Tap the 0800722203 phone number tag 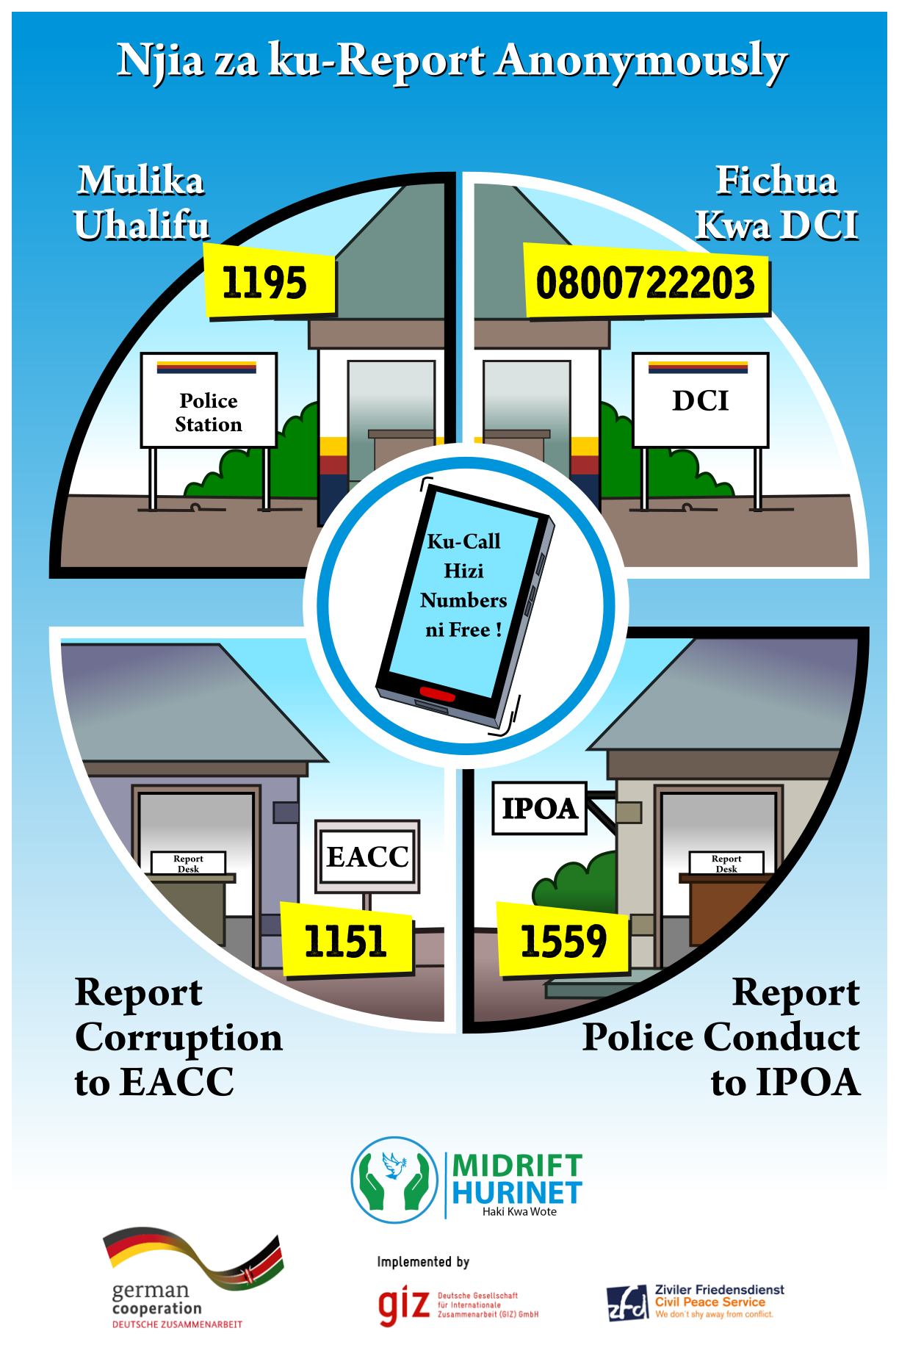(646, 283)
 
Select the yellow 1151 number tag (347, 941)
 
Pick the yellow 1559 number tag (563, 942)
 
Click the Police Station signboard (209, 400)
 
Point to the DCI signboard (700, 400)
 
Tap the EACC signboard (367, 856)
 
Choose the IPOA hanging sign (539, 808)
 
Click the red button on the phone (437, 693)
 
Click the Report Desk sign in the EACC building (188, 863)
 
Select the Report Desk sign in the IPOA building (726, 863)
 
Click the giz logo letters (403, 1305)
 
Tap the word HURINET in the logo (517, 1193)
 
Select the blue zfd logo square (627, 1303)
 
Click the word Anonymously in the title (640, 62)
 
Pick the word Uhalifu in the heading (142, 225)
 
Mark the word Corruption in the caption (178, 1038)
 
